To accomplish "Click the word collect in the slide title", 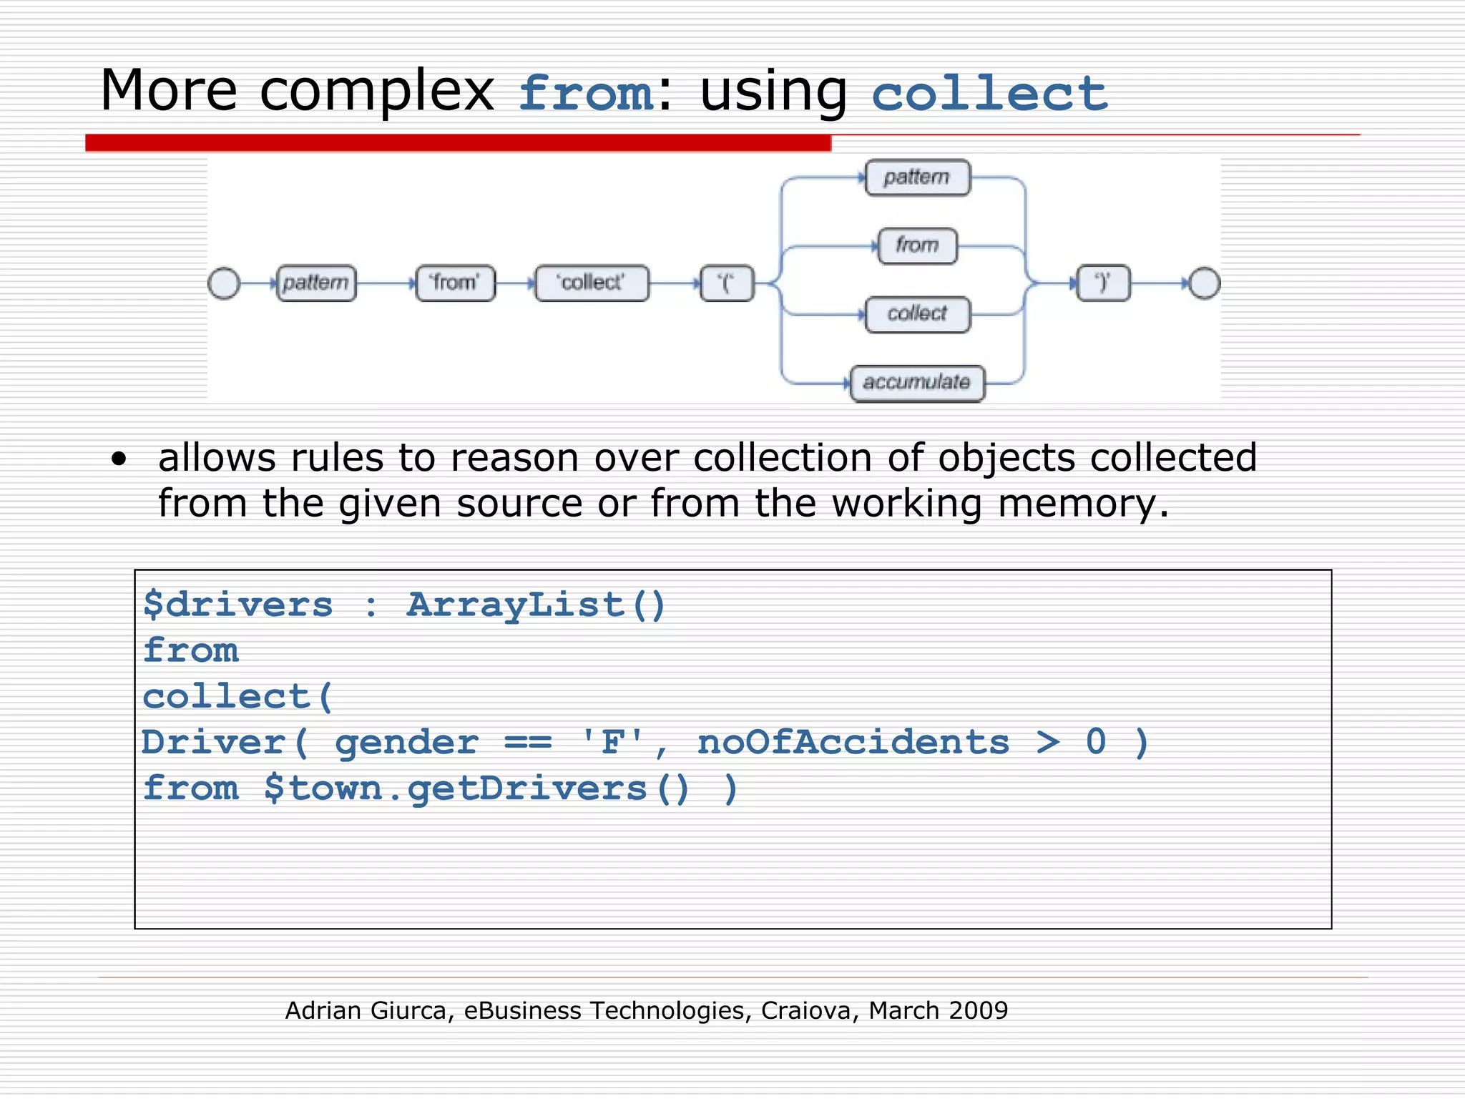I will point(989,94).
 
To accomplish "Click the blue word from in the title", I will point(586,94).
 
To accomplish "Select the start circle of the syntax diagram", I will point(224,283).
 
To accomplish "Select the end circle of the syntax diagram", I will point(1205,283).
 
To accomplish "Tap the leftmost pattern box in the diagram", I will point(316,283).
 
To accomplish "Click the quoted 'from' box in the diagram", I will point(455,283).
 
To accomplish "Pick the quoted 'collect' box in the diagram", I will point(592,283).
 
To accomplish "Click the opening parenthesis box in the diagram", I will point(727,283).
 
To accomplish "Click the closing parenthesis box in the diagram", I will point(1103,283).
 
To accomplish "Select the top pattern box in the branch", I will point(917,177).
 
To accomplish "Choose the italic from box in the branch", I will point(917,245).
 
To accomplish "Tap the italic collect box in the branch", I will point(917,314).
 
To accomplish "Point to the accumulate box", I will point(917,383).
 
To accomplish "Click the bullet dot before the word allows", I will point(119,459).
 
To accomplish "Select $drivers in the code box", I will point(238,605).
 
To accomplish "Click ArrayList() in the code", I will point(536,605).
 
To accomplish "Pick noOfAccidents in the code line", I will point(853,743).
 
